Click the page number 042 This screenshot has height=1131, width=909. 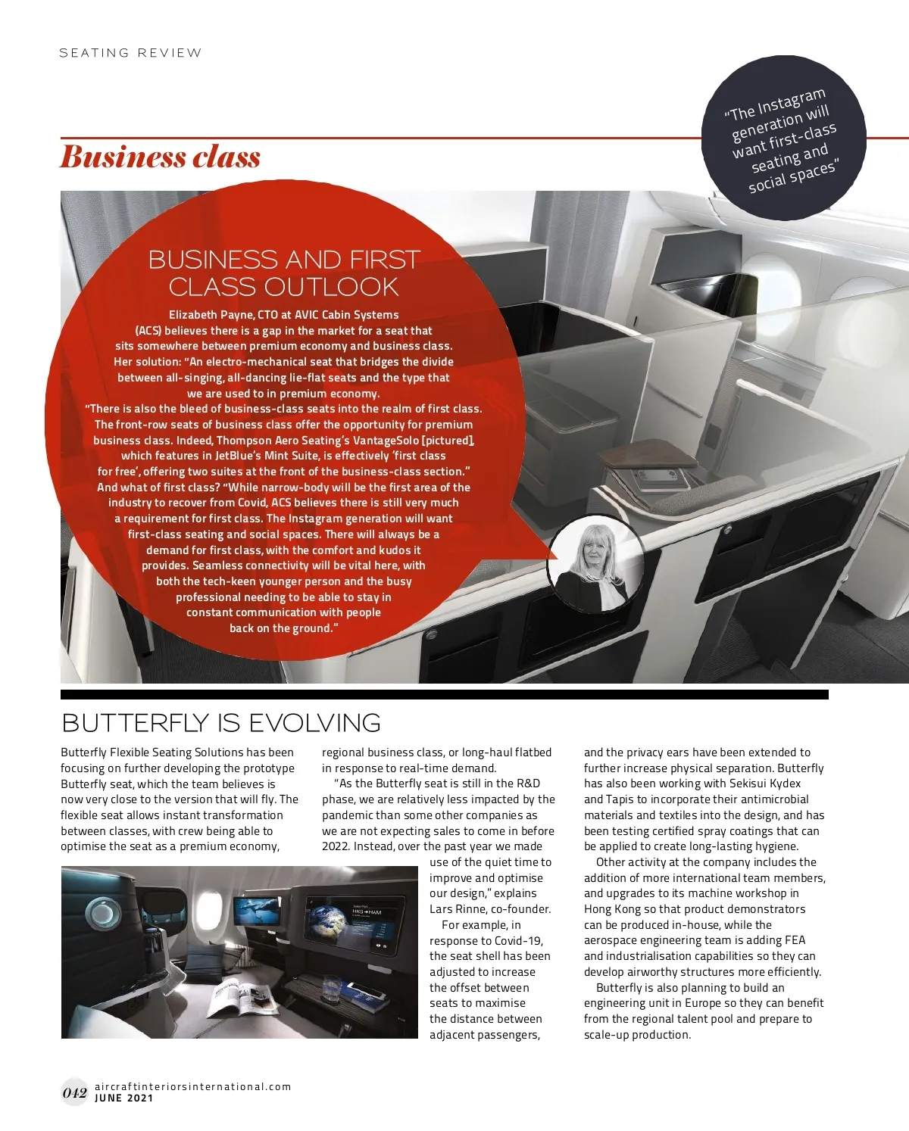pyautogui.click(x=74, y=1092)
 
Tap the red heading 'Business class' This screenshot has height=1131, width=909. pyautogui.click(x=160, y=157)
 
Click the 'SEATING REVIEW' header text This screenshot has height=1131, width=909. pyautogui.click(x=130, y=53)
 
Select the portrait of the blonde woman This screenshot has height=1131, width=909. pyautogui.click(x=595, y=566)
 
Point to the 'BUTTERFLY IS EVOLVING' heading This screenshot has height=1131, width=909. pyautogui.click(x=220, y=723)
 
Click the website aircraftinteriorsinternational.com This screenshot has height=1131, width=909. pyautogui.click(x=192, y=1086)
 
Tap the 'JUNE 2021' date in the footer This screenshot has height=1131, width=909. pyautogui.click(x=123, y=1098)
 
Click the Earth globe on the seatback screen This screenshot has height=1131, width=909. pyautogui.click(x=326, y=923)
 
